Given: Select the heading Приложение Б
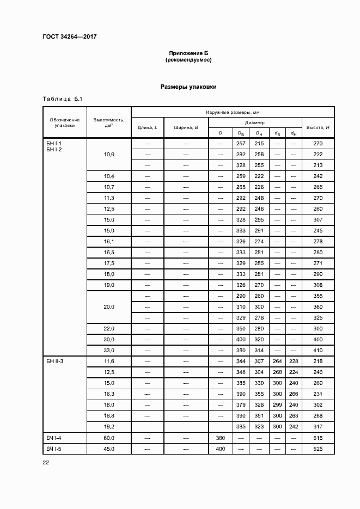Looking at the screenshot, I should pos(188,53).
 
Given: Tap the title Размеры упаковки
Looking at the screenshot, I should pos(188,87).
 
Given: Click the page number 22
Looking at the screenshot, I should pos(46,462).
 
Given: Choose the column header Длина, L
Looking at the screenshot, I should pos(147,127).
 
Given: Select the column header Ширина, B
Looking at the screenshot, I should pos(186,127).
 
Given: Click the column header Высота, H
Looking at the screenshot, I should pos(318,127).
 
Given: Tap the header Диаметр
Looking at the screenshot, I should pos(254,122).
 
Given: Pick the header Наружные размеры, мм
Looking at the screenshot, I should pos(232,112).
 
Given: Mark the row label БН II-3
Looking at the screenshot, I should pos(55,361).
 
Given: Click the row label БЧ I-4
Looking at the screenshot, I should pos(54,438).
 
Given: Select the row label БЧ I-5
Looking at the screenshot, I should pos(54,449).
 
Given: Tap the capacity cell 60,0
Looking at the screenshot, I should pos(109,438).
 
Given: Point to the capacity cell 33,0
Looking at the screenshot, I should pos(109,351).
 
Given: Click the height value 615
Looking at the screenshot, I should pos(318,438).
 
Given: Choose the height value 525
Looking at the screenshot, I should pos(318,449).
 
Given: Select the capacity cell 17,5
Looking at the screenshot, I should pos(109,263).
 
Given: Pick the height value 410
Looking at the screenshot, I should pos(318,351).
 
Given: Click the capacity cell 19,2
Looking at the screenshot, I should pos(109,427).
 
